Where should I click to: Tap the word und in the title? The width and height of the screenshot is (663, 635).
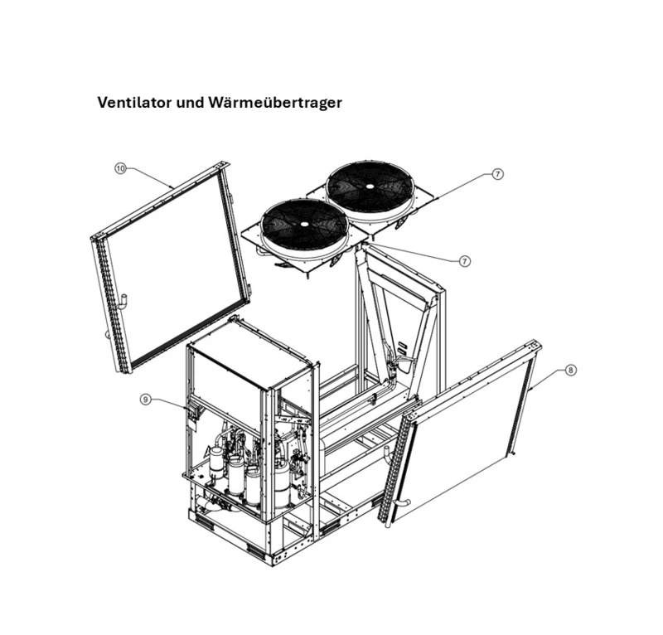190,104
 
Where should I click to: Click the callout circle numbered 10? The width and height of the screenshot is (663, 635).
120,168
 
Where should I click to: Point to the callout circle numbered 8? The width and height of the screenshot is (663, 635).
570,371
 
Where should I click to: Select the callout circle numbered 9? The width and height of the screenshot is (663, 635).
146,400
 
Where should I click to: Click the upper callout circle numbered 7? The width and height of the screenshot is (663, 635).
497,174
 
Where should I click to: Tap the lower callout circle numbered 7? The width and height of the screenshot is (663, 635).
465,260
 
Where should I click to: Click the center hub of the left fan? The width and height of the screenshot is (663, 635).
303,225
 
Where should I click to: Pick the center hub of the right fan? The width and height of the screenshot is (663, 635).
369,186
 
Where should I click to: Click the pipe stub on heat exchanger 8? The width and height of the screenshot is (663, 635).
401,505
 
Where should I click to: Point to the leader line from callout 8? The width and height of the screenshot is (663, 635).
548,381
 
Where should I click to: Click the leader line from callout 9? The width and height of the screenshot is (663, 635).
170,404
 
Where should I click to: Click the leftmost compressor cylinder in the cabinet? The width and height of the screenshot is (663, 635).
216,461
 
